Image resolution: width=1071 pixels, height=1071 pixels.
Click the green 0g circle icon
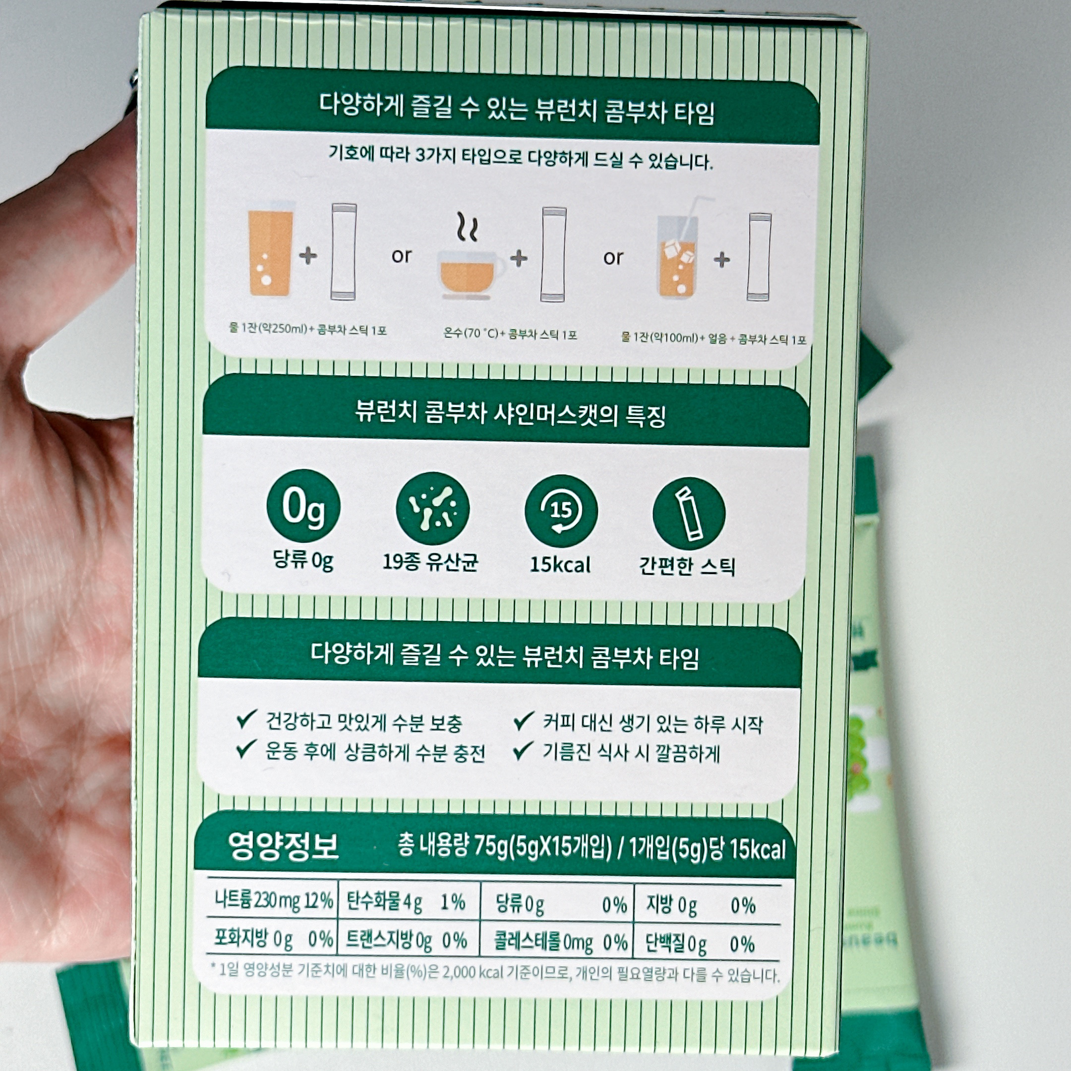pyautogui.click(x=303, y=506)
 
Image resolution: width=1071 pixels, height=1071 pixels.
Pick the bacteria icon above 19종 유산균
pyautogui.click(x=432, y=508)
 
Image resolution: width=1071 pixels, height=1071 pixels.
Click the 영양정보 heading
pyautogui.click(x=283, y=846)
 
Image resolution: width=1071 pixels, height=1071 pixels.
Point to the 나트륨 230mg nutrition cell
pyautogui.click(x=273, y=900)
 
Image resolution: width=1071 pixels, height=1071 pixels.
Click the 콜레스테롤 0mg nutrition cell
pyautogui.click(x=560, y=942)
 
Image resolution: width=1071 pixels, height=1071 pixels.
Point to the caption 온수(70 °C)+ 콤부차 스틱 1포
pyautogui.click(x=510, y=334)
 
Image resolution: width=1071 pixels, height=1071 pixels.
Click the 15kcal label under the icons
pyautogui.click(x=560, y=564)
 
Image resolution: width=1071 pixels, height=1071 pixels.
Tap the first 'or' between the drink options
pyautogui.click(x=401, y=255)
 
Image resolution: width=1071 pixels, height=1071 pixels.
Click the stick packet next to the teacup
pyautogui.click(x=553, y=255)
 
